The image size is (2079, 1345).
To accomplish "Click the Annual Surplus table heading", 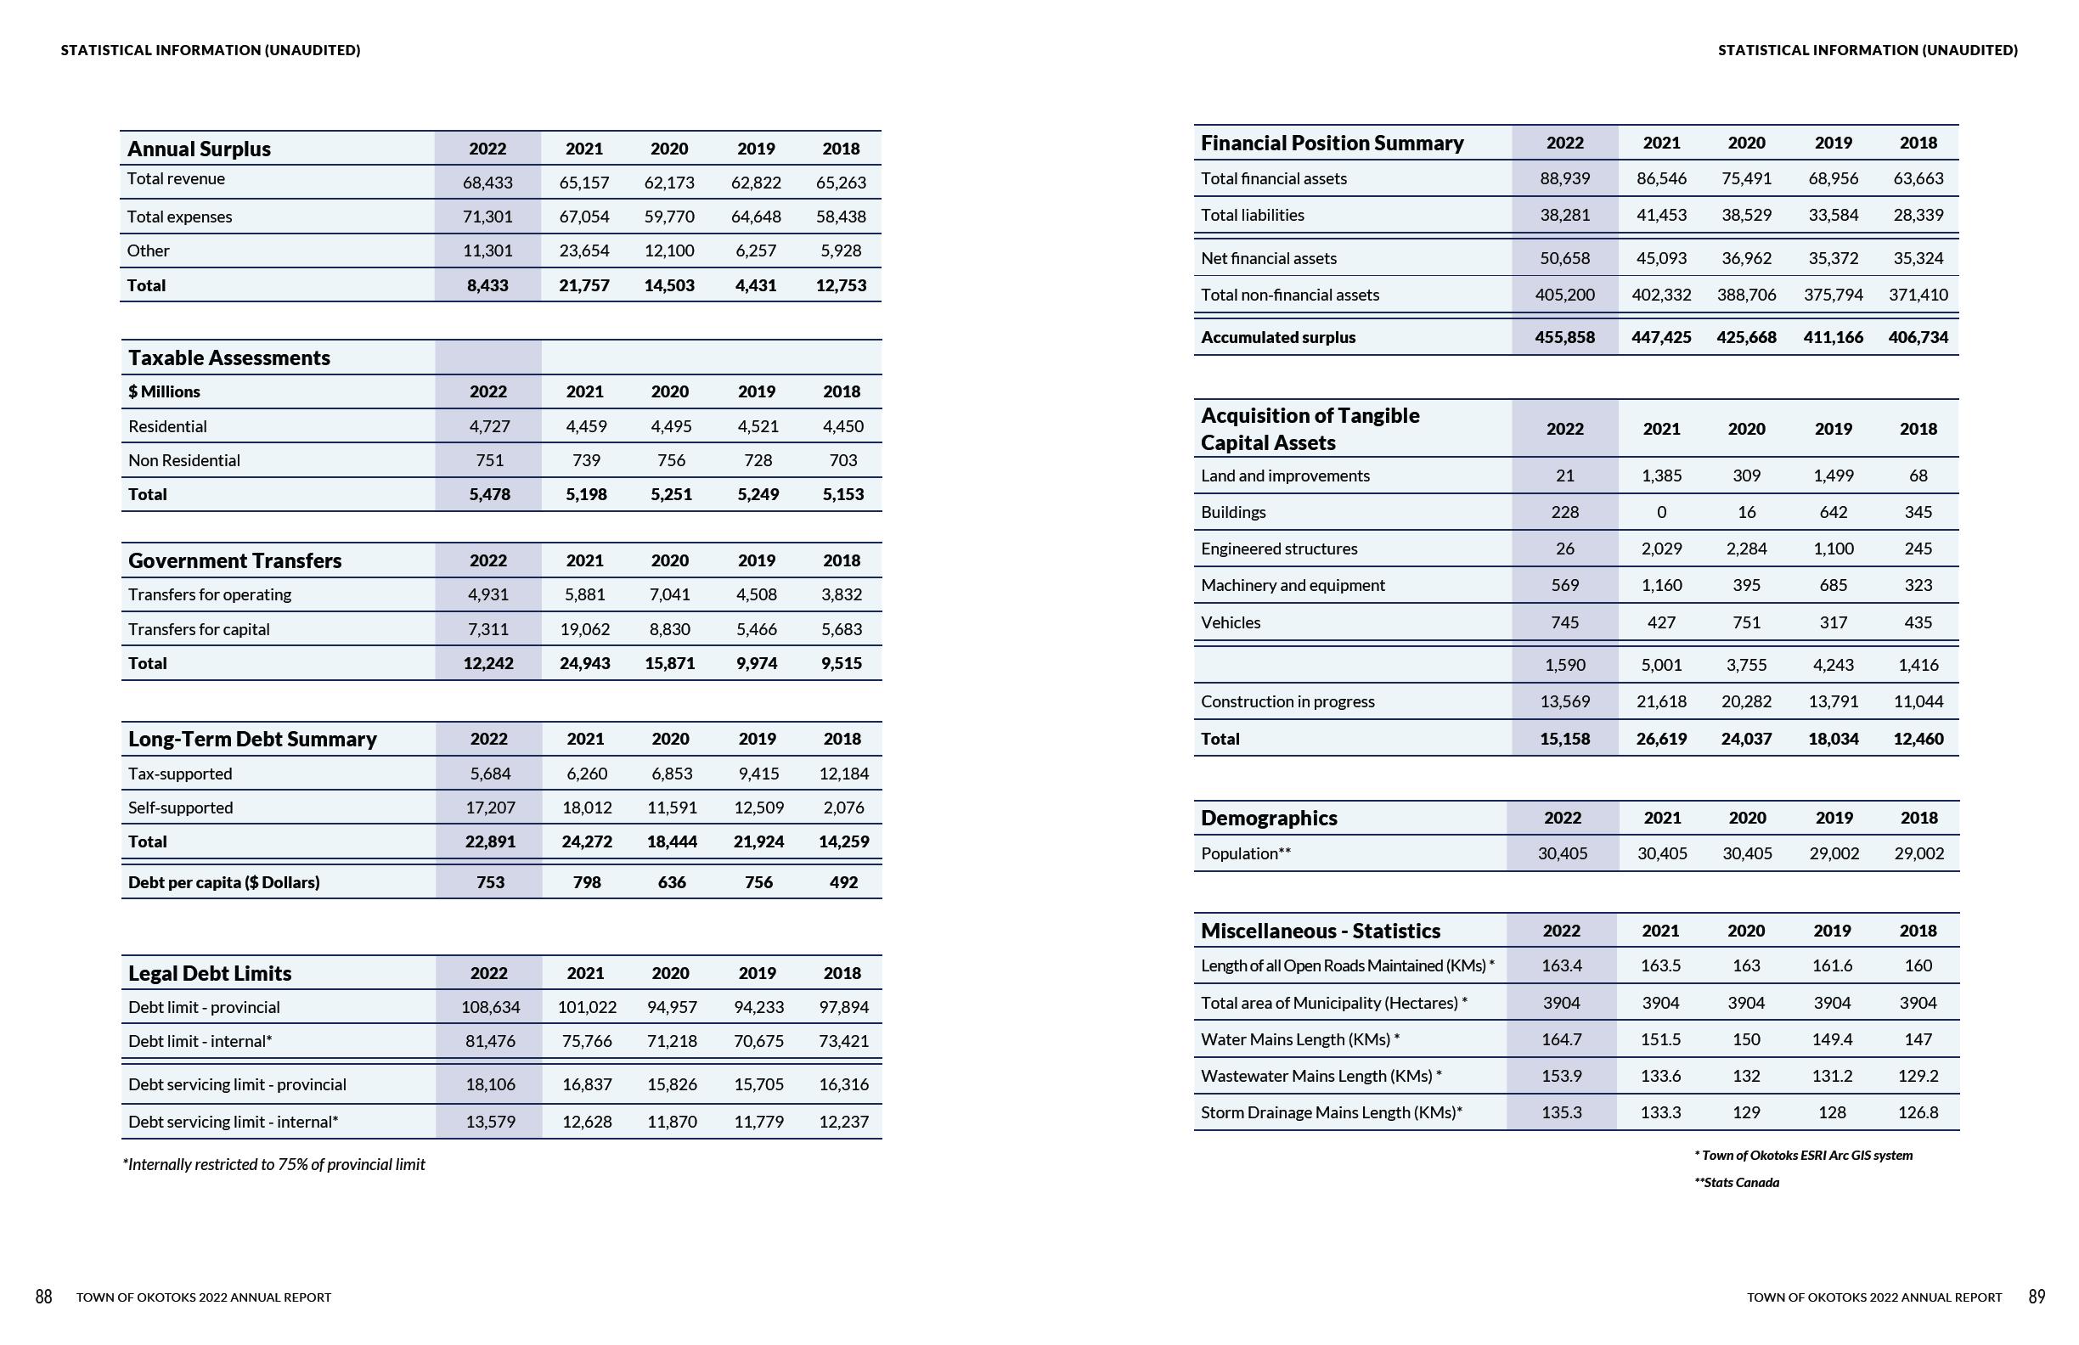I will click(x=200, y=149).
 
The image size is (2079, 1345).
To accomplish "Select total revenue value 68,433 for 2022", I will click(x=487, y=183).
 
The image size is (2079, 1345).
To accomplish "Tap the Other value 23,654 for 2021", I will click(x=584, y=250).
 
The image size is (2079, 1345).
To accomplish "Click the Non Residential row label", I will click(x=183, y=460).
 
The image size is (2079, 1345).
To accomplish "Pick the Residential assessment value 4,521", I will click(x=757, y=426).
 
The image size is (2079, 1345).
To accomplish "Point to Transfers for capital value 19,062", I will click(x=584, y=629).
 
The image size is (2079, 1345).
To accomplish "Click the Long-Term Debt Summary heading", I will click(x=252, y=739).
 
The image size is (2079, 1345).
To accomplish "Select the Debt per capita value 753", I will click(x=490, y=882).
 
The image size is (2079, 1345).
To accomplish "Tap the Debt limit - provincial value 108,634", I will click(x=490, y=1007).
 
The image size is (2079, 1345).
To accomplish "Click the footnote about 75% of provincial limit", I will click(x=274, y=1164).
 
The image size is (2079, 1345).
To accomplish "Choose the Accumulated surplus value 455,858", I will click(x=1564, y=337).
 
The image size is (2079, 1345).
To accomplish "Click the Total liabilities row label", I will click(x=1252, y=215).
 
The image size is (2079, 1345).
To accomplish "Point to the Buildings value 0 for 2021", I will click(x=1661, y=512).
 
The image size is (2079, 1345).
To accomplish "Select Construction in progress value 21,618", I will click(x=1661, y=701).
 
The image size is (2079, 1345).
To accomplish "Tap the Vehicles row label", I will click(x=1230, y=622).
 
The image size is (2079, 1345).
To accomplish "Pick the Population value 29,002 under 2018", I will click(x=1918, y=853).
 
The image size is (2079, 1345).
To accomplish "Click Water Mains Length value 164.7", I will click(x=1561, y=1039).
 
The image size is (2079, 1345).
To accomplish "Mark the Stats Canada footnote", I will click(x=1737, y=1183).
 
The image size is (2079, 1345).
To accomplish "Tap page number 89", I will click(x=2037, y=1297).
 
